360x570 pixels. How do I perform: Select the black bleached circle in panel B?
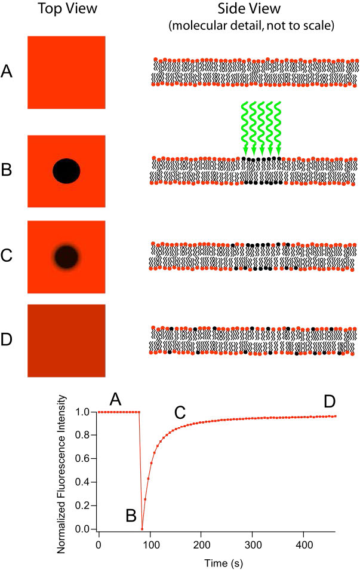coord(66,171)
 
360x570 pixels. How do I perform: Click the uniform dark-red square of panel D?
coord(66,341)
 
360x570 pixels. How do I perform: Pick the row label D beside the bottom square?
coord(8,341)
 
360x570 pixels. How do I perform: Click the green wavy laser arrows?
coord(261,128)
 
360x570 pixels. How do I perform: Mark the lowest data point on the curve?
coord(142,529)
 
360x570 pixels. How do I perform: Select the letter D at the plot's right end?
coord(330,402)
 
